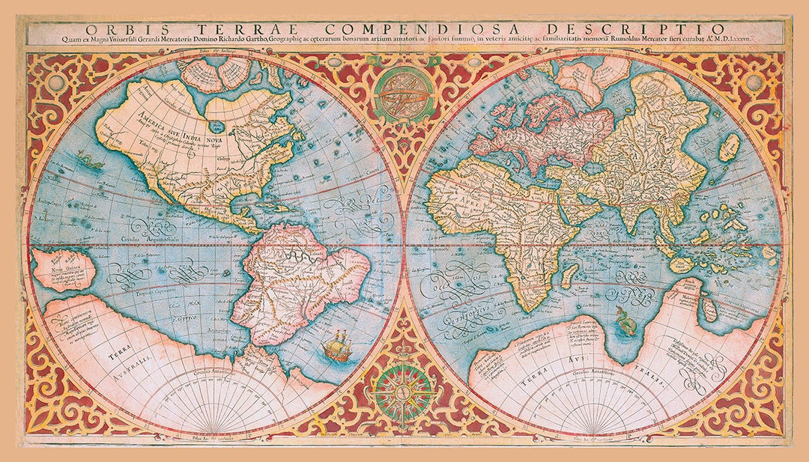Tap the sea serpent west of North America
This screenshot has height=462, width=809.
[x=88, y=159]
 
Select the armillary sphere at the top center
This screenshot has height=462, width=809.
[x=404, y=94]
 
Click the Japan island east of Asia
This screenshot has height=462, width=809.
[x=730, y=148]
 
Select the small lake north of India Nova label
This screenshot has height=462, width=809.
[x=216, y=127]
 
